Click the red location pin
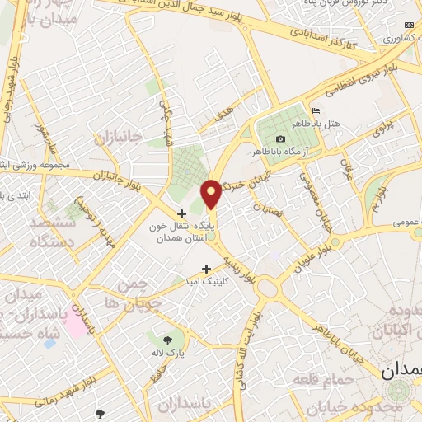212,193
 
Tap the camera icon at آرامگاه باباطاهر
281,138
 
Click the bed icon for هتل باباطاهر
316,112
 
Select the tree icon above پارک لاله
168,340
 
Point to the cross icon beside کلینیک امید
206,268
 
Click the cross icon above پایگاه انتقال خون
181,213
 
